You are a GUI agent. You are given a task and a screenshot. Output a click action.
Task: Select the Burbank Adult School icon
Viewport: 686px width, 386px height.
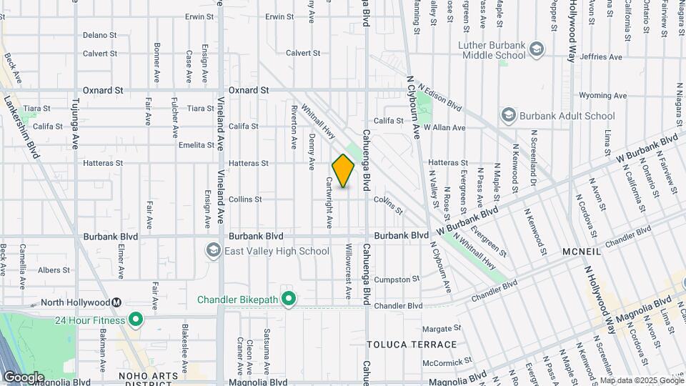(x=508, y=116)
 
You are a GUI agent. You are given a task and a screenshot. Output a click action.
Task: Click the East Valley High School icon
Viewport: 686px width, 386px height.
(x=213, y=251)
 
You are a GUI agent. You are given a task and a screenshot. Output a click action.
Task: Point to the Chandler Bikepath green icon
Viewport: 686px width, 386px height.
(x=289, y=298)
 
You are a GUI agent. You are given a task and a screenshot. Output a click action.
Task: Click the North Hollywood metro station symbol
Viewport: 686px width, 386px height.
(x=116, y=302)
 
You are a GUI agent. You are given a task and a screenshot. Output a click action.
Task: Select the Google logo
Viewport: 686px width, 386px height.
(x=24, y=377)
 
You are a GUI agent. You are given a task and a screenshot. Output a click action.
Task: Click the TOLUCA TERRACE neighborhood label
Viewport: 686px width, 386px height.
(x=412, y=345)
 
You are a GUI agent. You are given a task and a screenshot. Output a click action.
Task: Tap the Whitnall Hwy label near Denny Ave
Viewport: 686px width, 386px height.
(x=319, y=122)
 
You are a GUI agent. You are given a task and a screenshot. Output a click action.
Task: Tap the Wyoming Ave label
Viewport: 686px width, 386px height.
(x=602, y=95)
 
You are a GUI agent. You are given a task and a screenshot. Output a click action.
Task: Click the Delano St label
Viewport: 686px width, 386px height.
(x=99, y=35)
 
